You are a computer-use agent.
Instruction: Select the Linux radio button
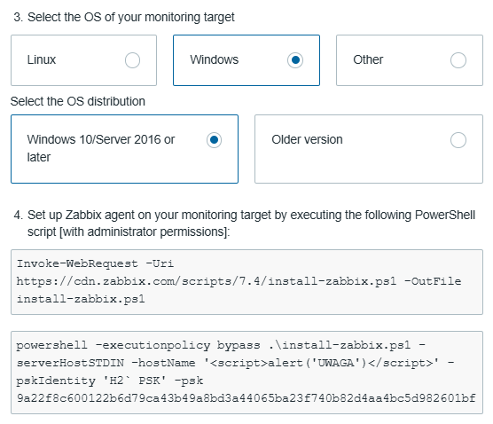132,60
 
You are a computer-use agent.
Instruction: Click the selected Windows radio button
295,60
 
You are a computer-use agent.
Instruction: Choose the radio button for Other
458,60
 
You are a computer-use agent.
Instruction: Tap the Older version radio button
458,140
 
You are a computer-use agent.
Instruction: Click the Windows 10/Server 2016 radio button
214,140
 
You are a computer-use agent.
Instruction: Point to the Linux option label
42,59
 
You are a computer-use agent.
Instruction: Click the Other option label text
368,59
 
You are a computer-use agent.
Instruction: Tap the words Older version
307,139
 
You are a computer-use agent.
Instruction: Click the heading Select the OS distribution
78,102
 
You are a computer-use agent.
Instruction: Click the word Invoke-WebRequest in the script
77,263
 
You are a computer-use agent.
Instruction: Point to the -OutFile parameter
433,281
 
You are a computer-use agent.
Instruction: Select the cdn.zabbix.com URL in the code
207,281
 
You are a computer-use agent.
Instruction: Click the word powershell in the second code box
52,345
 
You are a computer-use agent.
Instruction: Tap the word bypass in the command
239,346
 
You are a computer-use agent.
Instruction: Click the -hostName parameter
163,363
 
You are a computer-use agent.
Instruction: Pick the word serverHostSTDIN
70,363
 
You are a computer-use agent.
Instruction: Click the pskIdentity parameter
56,381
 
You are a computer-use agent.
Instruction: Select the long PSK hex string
246,398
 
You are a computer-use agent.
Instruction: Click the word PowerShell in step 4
445,216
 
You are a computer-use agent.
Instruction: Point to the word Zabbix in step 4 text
83,216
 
